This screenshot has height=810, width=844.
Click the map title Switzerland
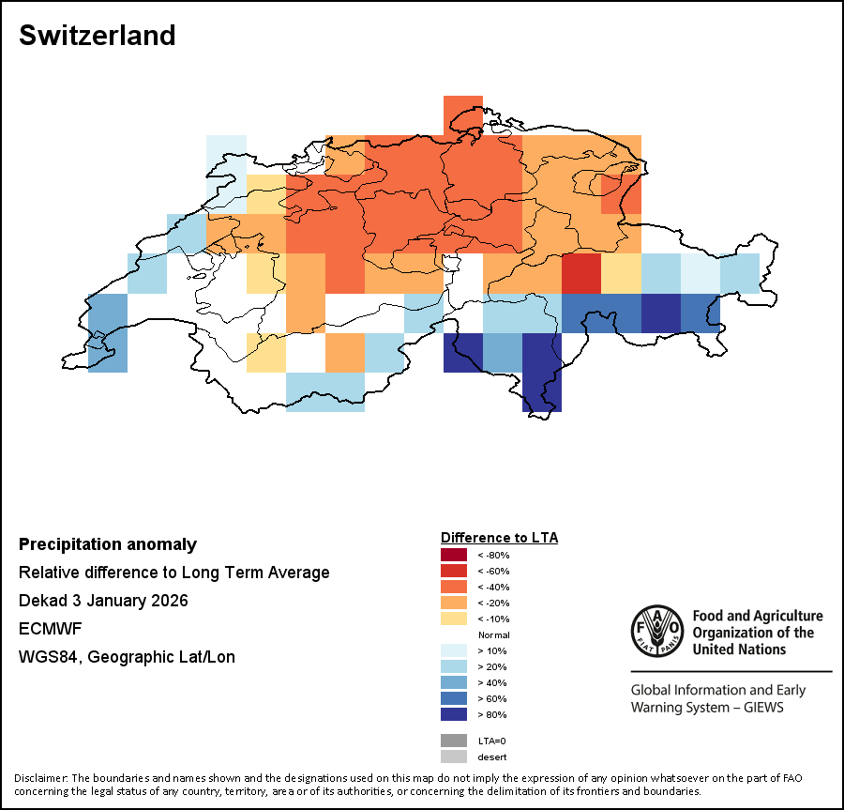(x=97, y=36)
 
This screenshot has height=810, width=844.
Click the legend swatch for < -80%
(x=453, y=555)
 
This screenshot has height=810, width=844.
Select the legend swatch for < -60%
(x=453, y=571)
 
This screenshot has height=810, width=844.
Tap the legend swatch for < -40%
(x=453, y=587)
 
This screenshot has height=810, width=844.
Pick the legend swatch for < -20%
(x=453, y=603)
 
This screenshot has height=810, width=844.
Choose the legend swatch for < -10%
(x=453, y=619)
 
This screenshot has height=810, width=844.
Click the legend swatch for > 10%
(x=453, y=650)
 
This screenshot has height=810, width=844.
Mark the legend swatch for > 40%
(x=453, y=682)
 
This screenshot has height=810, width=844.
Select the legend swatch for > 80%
(x=453, y=714)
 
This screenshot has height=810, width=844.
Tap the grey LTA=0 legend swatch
(x=453, y=741)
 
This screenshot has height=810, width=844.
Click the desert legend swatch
(x=453, y=757)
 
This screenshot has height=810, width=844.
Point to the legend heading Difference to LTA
(x=499, y=538)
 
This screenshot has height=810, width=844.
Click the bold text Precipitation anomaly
(x=108, y=544)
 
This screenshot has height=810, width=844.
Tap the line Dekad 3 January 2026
(x=103, y=601)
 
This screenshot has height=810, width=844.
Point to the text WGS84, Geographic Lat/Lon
(x=127, y=657)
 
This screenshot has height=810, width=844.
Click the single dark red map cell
(x=581, y=273)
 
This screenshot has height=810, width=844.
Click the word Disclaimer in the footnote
(x=41, y=778)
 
